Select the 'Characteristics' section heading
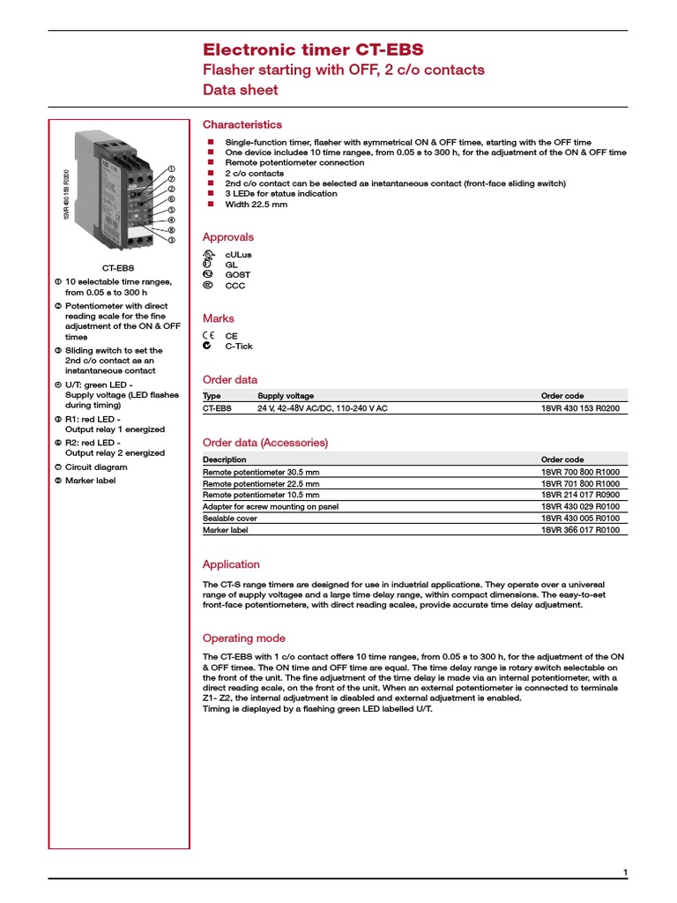coord(242,124)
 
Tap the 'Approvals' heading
coord(228,236)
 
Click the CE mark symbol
coord(207,336)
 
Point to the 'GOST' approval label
coord(237,275)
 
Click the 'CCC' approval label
coord(235,286)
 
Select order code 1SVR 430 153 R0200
coord(580,409)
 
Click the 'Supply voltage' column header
coord(286,396)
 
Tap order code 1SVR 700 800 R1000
coord(580,473)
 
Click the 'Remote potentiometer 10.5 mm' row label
coord(261,496)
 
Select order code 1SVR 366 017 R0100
coord(580,531)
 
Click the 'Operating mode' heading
coord(244,638)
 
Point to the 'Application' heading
coord(231,564)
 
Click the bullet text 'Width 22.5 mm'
coord(256,204)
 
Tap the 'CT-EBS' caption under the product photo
coord(119,266)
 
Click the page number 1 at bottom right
coord(625,872)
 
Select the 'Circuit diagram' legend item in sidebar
coord(95,467)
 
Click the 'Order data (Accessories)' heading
coord(265,442)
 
